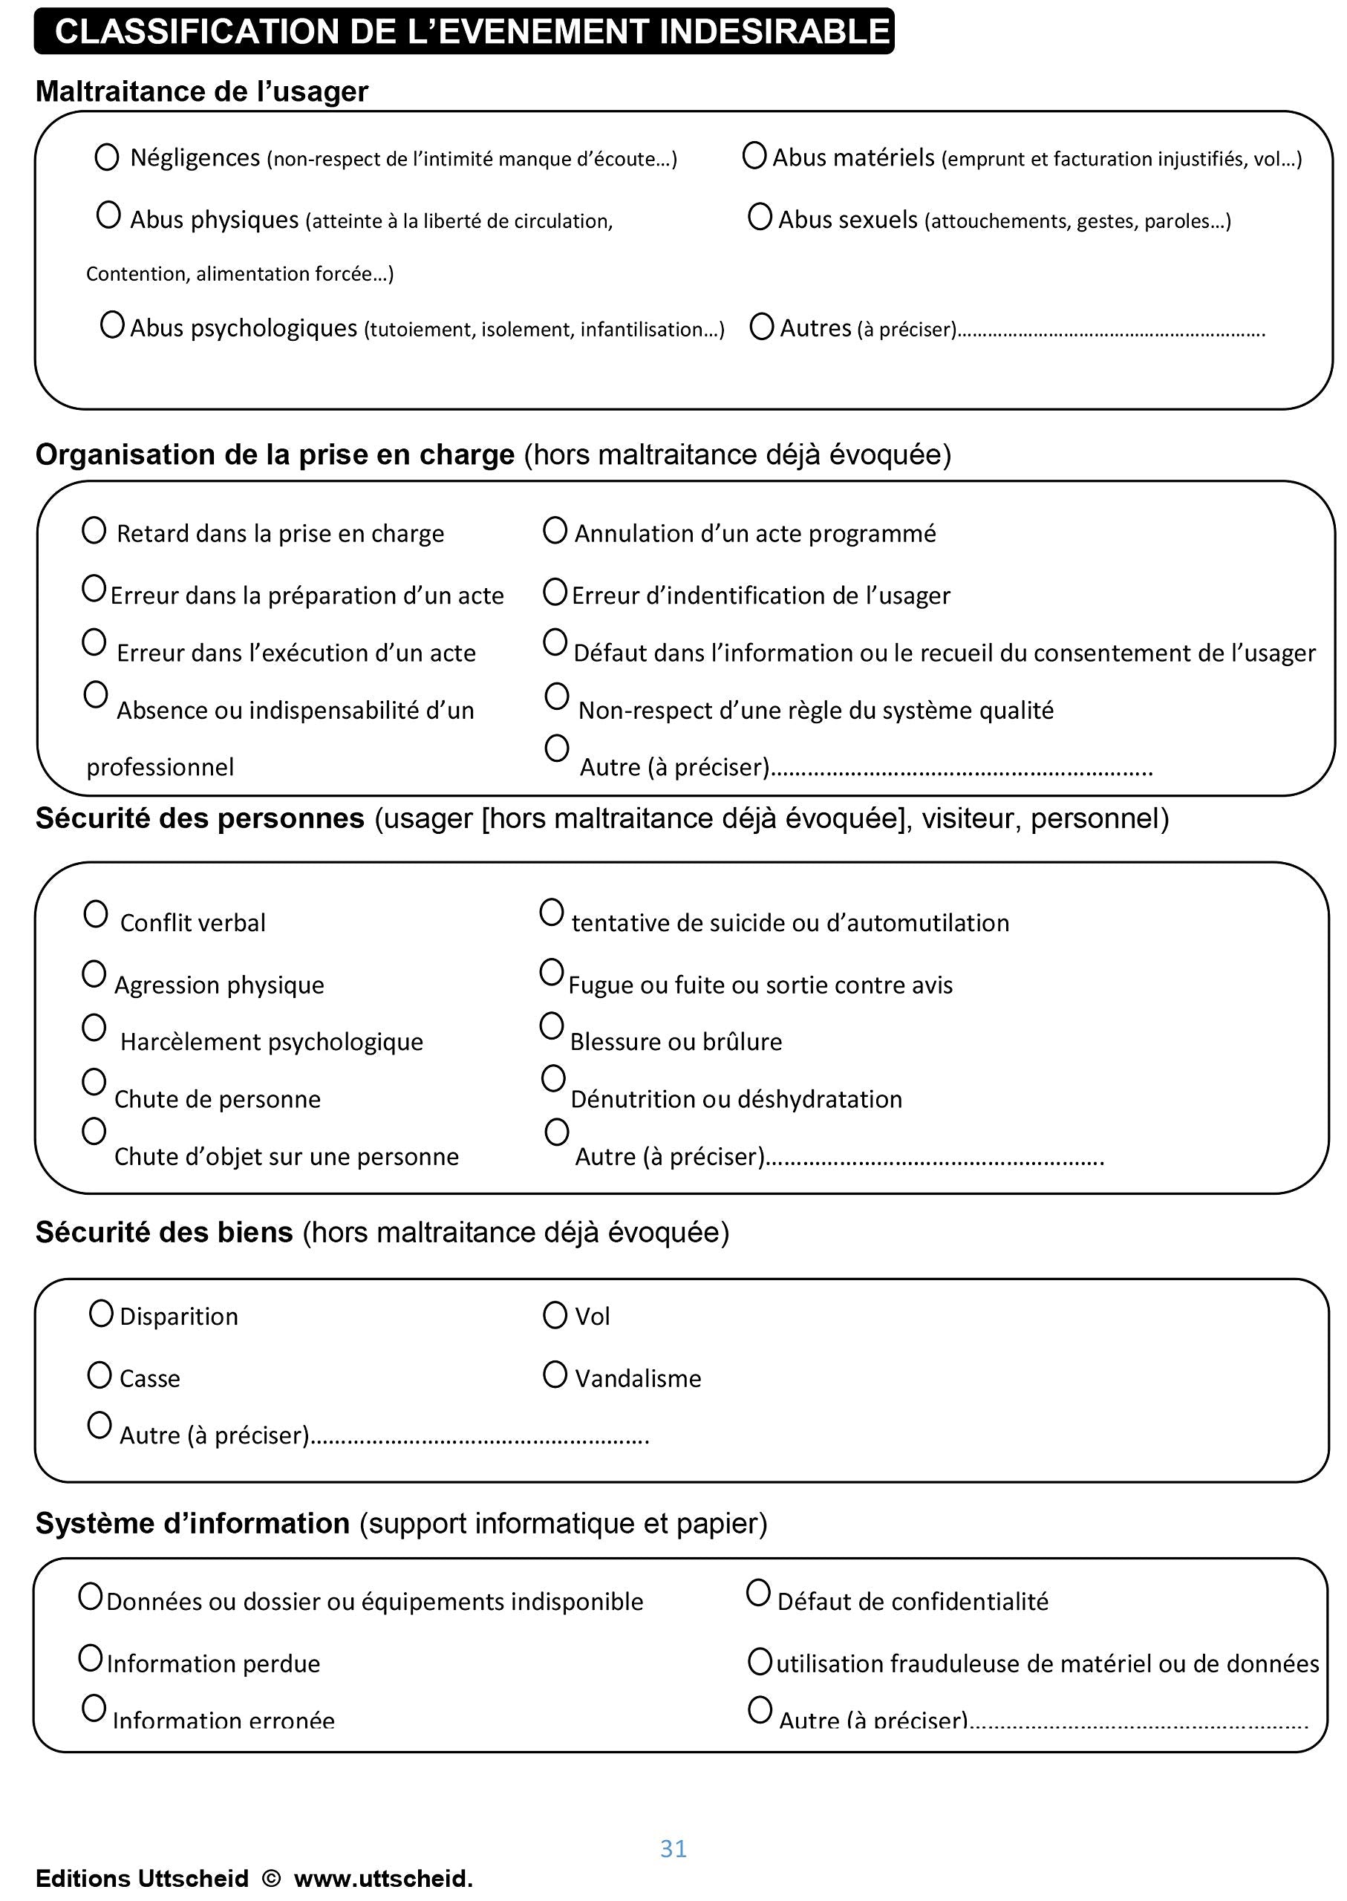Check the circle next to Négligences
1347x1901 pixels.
(x=106, y=157)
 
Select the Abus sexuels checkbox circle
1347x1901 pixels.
(x=759, y=217)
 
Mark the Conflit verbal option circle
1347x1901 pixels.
(x=95, y=914)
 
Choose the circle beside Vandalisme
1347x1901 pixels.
(x=554, y=1375)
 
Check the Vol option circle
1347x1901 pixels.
(x=554, y=1314)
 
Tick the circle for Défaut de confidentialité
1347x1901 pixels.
(x=758, y=1593)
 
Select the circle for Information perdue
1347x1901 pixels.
(x=91, y=1659)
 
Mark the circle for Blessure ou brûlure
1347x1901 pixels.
(x=552, y=1026)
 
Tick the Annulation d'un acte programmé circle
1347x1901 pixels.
(x=554, y=530)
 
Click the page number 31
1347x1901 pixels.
(x=673, y=1848)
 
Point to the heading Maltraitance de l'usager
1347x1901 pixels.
(x=201, y=91)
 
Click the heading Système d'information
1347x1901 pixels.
(x=192, y=1524)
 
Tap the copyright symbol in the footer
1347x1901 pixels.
(x=270, y=1878)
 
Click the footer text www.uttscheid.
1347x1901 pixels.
(x=383, y=1879)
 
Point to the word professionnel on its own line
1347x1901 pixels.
(x=160, y=767)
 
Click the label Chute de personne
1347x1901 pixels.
(x=218, y=1099)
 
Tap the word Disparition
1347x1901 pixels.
(x=178, y=1317)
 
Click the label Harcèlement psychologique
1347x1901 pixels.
(x=271, y=1042)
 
